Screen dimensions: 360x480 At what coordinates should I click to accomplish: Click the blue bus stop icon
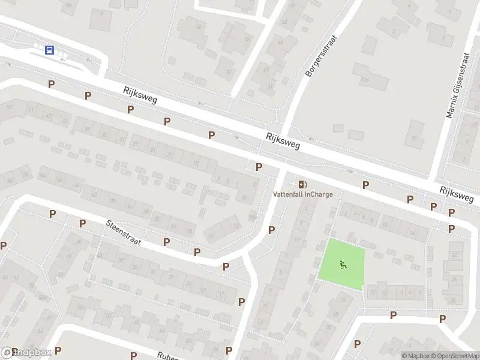[49, 50]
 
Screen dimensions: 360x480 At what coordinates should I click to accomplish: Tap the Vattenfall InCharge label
[302, 194]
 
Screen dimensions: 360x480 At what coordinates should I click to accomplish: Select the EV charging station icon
[302, 184]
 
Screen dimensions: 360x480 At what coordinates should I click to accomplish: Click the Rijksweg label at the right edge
[460, 193]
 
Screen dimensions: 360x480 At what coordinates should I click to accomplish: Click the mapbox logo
[26, 353]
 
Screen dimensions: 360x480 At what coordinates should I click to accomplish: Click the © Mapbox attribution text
[416, 356]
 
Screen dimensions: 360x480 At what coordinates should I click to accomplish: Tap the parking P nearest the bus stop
[52, 85]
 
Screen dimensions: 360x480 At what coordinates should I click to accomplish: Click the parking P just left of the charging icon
[259, 167]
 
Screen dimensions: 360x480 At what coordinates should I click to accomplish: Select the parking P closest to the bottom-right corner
[442, 319]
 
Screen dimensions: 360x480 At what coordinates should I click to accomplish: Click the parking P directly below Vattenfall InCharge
[272, 229]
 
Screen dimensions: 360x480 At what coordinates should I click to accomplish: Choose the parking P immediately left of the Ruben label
[133, 355]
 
